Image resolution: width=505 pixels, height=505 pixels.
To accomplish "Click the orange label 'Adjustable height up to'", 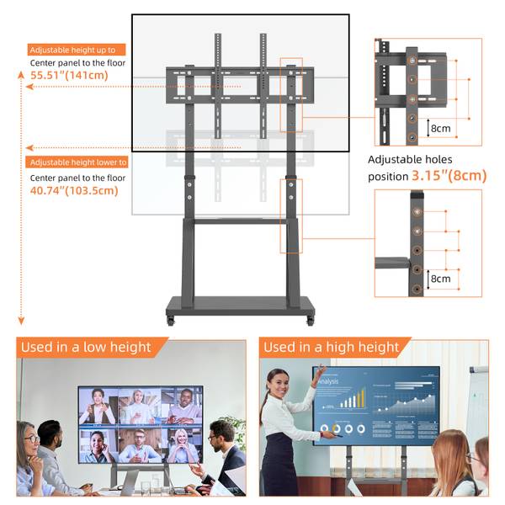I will (77, 50).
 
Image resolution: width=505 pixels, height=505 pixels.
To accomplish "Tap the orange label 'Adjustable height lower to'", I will (78, 162).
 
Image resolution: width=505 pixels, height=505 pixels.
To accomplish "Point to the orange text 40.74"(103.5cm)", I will (74, 190).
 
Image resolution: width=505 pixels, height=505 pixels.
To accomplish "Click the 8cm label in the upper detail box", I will (440, 129).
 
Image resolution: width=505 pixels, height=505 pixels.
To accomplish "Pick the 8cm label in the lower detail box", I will (440, 279).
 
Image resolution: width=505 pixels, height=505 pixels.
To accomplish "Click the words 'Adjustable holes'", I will (410, 159).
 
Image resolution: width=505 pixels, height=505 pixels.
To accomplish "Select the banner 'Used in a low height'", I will (87, 347).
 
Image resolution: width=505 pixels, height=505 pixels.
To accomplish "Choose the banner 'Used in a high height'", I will (331, 347).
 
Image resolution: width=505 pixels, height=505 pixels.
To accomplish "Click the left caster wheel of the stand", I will (172, 321).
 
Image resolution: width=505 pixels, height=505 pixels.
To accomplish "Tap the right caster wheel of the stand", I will (310, 321).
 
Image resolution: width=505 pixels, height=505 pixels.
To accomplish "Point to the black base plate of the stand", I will (242, 306).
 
